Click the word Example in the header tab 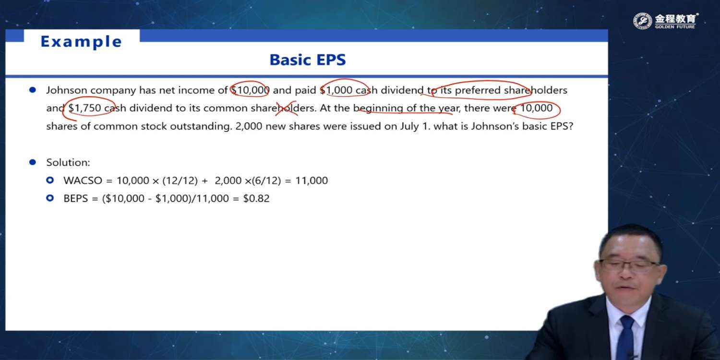click(81, 42)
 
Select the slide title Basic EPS click(308, 60)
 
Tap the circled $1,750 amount click(85, 108)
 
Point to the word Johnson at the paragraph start click(67, 90)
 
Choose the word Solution click(68, 162)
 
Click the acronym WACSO click(83, 180)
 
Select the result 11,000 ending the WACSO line click(312, 180)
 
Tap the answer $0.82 click(256, 198)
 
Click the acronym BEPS click(75, 198)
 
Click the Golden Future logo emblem click(642, 21)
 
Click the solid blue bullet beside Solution click(33, 162)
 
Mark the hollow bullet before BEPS click(50, 198)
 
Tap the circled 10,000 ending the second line click(536, 108)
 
